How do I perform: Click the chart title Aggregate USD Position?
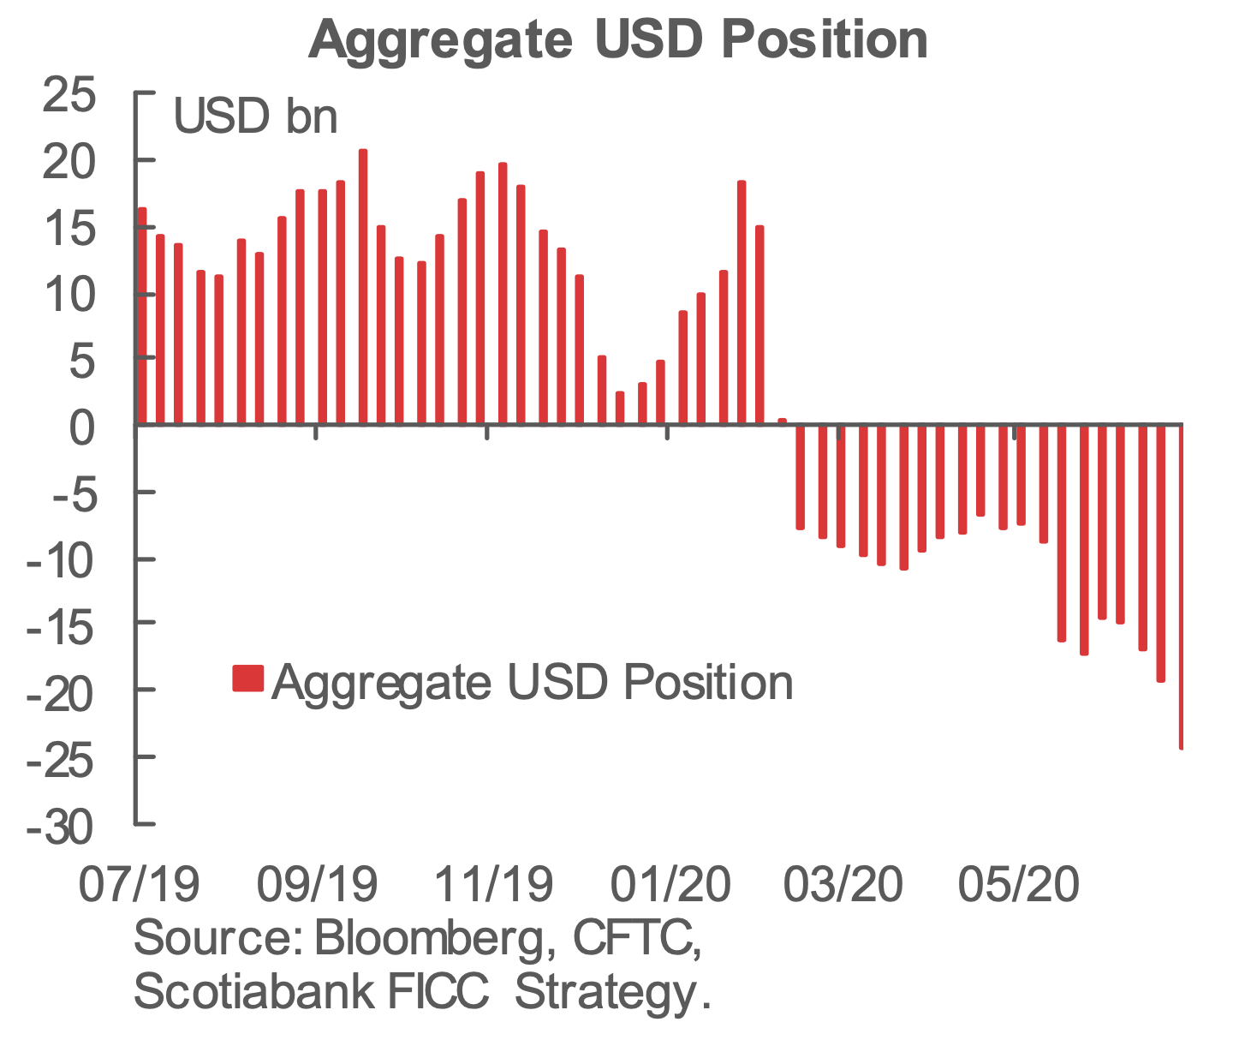618,39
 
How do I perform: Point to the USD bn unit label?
255,117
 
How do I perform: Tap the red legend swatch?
247,678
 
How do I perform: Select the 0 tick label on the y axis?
82,426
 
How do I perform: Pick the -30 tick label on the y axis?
60,828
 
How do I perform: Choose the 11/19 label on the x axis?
493,885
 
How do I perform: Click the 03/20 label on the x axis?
843,885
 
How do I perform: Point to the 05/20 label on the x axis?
1018,885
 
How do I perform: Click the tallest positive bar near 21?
363,286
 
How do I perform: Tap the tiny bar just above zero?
782,421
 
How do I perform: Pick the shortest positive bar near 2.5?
620,408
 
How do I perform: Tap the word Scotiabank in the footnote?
253,992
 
